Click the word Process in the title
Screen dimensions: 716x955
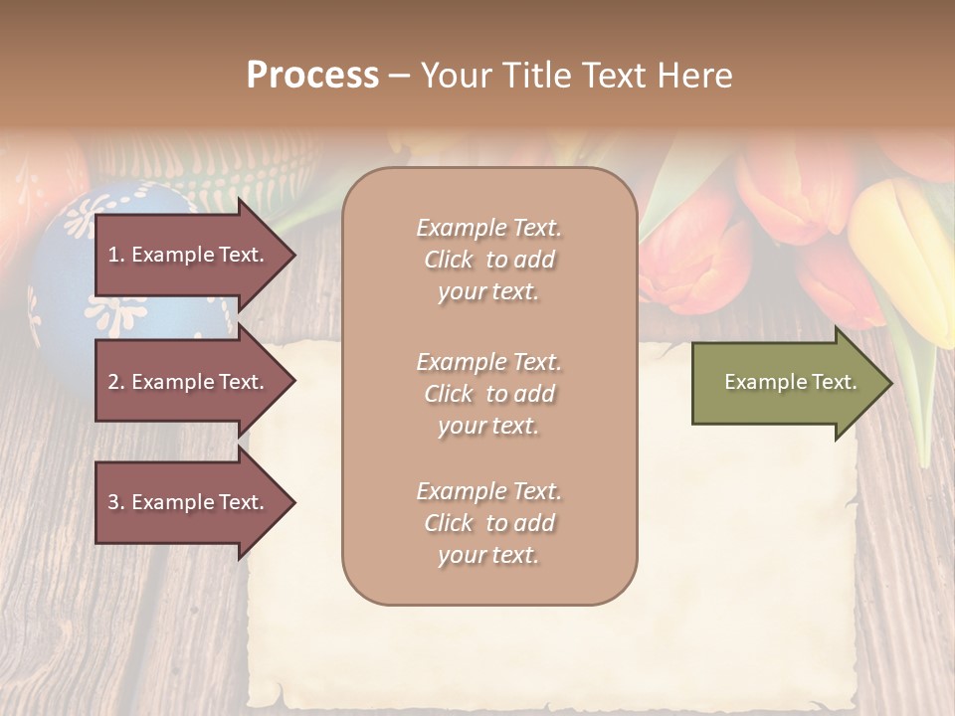point(312,76)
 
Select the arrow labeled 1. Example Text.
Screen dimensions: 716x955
point(189,255)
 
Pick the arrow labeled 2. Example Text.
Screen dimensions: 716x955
point(189,382)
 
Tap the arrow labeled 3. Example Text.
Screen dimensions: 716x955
point(189,502)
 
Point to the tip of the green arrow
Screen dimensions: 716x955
point(889,383)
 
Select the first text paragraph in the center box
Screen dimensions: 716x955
point(488,260)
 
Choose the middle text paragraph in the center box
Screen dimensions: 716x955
point(488,394)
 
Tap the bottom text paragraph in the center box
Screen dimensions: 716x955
point(488,523)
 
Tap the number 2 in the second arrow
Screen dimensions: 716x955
point(112,383)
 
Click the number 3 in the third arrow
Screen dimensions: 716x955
point(112,503)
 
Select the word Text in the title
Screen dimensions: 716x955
point(613,76)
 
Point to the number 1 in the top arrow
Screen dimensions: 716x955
point(112,256)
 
